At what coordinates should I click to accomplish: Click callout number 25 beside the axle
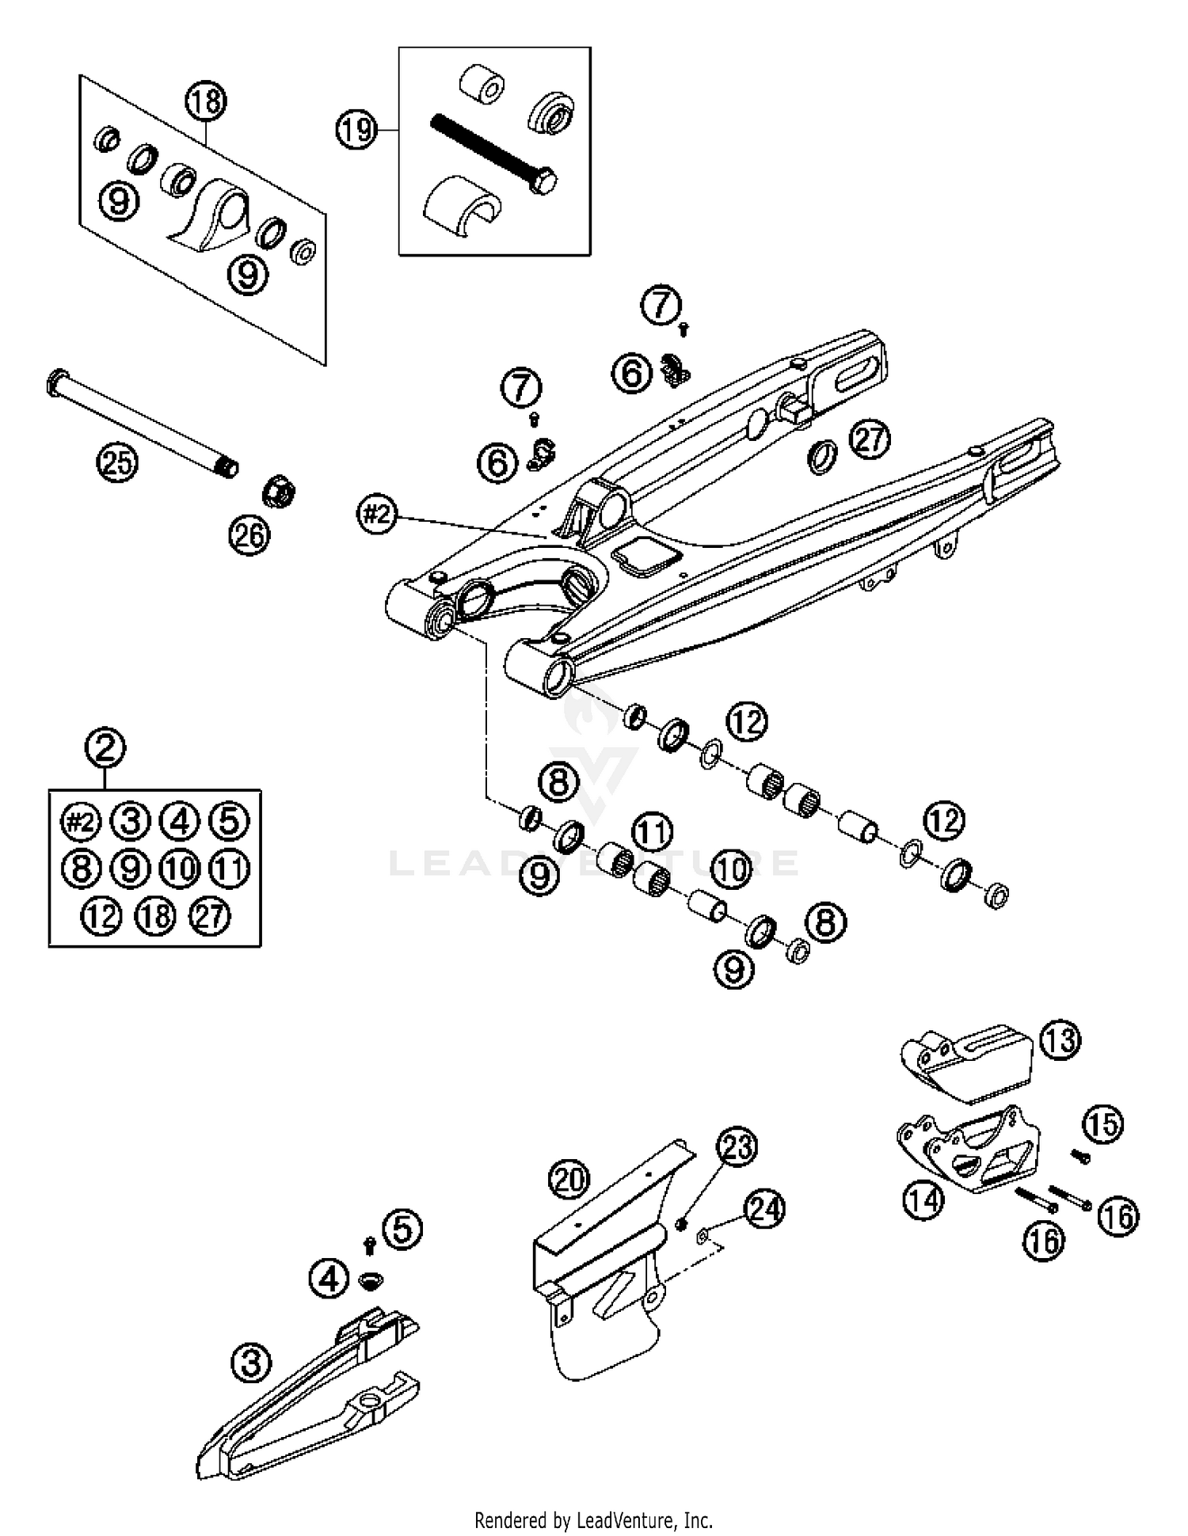click(117, 462)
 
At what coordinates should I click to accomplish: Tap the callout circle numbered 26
click(249, 536)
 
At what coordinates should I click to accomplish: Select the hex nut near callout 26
click(279, 492)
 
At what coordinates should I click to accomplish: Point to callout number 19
click(356, 129)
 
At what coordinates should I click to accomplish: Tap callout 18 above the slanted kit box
click(206, 101)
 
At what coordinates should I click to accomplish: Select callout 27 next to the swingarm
click(870, 439)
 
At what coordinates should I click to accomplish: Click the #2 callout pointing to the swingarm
click(376, 515)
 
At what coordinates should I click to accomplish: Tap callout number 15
click(1103, 1124)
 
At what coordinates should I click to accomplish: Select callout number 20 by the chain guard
click(569, 1181)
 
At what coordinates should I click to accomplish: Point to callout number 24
click(764, 1209)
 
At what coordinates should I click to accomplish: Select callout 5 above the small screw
click(402, 1230)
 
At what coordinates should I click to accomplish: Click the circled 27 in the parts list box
click(210, 917)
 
